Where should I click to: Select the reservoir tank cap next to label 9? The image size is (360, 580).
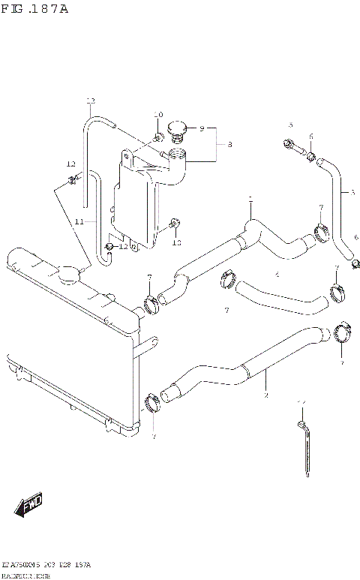click(177, 131)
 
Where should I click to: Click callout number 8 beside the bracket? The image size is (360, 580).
click(229, 144)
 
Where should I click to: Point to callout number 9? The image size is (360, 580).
click(202, 129)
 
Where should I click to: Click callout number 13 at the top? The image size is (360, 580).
click(91, 101)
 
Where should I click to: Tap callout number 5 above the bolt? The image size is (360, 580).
click(291, 125)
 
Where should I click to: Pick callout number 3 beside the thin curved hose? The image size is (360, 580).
click(352, 192)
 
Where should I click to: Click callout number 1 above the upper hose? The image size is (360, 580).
click(250, 199)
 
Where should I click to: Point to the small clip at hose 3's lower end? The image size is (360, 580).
click(355, 263)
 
